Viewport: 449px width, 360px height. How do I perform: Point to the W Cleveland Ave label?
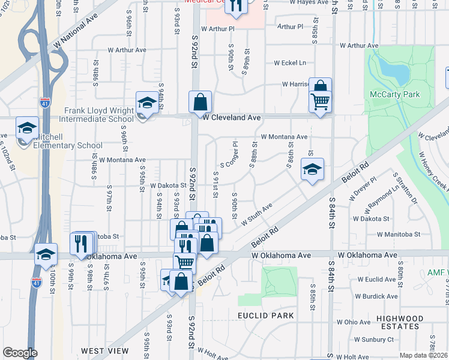(231, 118)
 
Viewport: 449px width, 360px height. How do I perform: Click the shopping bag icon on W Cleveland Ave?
(200, 102)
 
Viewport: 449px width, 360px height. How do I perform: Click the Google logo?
(20, 353)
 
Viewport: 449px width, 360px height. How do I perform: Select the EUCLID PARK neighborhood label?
(265, 316)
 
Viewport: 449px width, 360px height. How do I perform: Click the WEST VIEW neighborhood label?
(104, 350)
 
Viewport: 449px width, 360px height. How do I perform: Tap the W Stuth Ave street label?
(257, 214)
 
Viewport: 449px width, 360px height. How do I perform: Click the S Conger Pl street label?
(229, 155)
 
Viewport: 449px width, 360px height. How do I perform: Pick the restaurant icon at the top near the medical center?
(237, 6)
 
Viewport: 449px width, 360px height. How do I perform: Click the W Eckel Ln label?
(290, 62)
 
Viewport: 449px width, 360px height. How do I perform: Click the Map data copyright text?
(424, 355)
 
